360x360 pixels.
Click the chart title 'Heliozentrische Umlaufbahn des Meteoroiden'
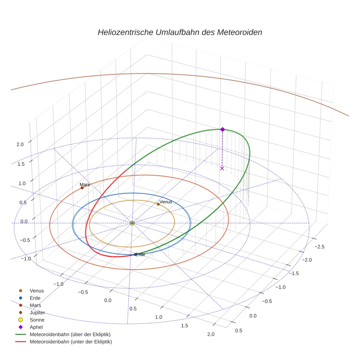[180, 32]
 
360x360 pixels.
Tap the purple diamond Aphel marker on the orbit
[222, 129]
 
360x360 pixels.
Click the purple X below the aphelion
[222, 168]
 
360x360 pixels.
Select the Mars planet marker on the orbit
[82, 188]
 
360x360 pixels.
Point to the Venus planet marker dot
[158, 204]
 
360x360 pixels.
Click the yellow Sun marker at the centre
[132, 223]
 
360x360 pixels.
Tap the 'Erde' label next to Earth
[140, 255]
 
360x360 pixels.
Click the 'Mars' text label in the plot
[85, 184]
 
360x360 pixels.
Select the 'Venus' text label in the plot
[166, 202]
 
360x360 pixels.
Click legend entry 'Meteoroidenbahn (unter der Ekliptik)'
[71, 342]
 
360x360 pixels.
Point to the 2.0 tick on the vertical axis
[20, 144]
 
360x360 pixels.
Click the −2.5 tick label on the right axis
[319, 247]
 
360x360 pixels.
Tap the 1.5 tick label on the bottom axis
[184, 326]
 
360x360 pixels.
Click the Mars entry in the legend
[35, 305]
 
